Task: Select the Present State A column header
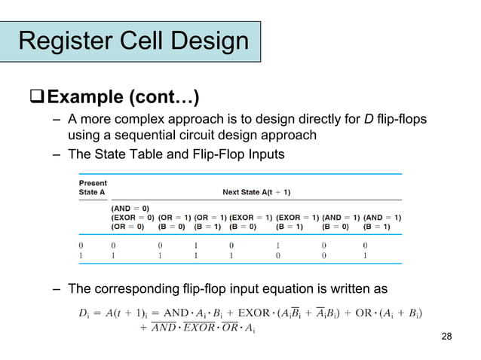point(93,188)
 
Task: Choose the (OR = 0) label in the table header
point(127,225)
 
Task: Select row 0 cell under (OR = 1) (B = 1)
point(196,245)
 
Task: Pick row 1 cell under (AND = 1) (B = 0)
point(325,255)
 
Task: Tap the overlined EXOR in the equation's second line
point(199,328)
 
